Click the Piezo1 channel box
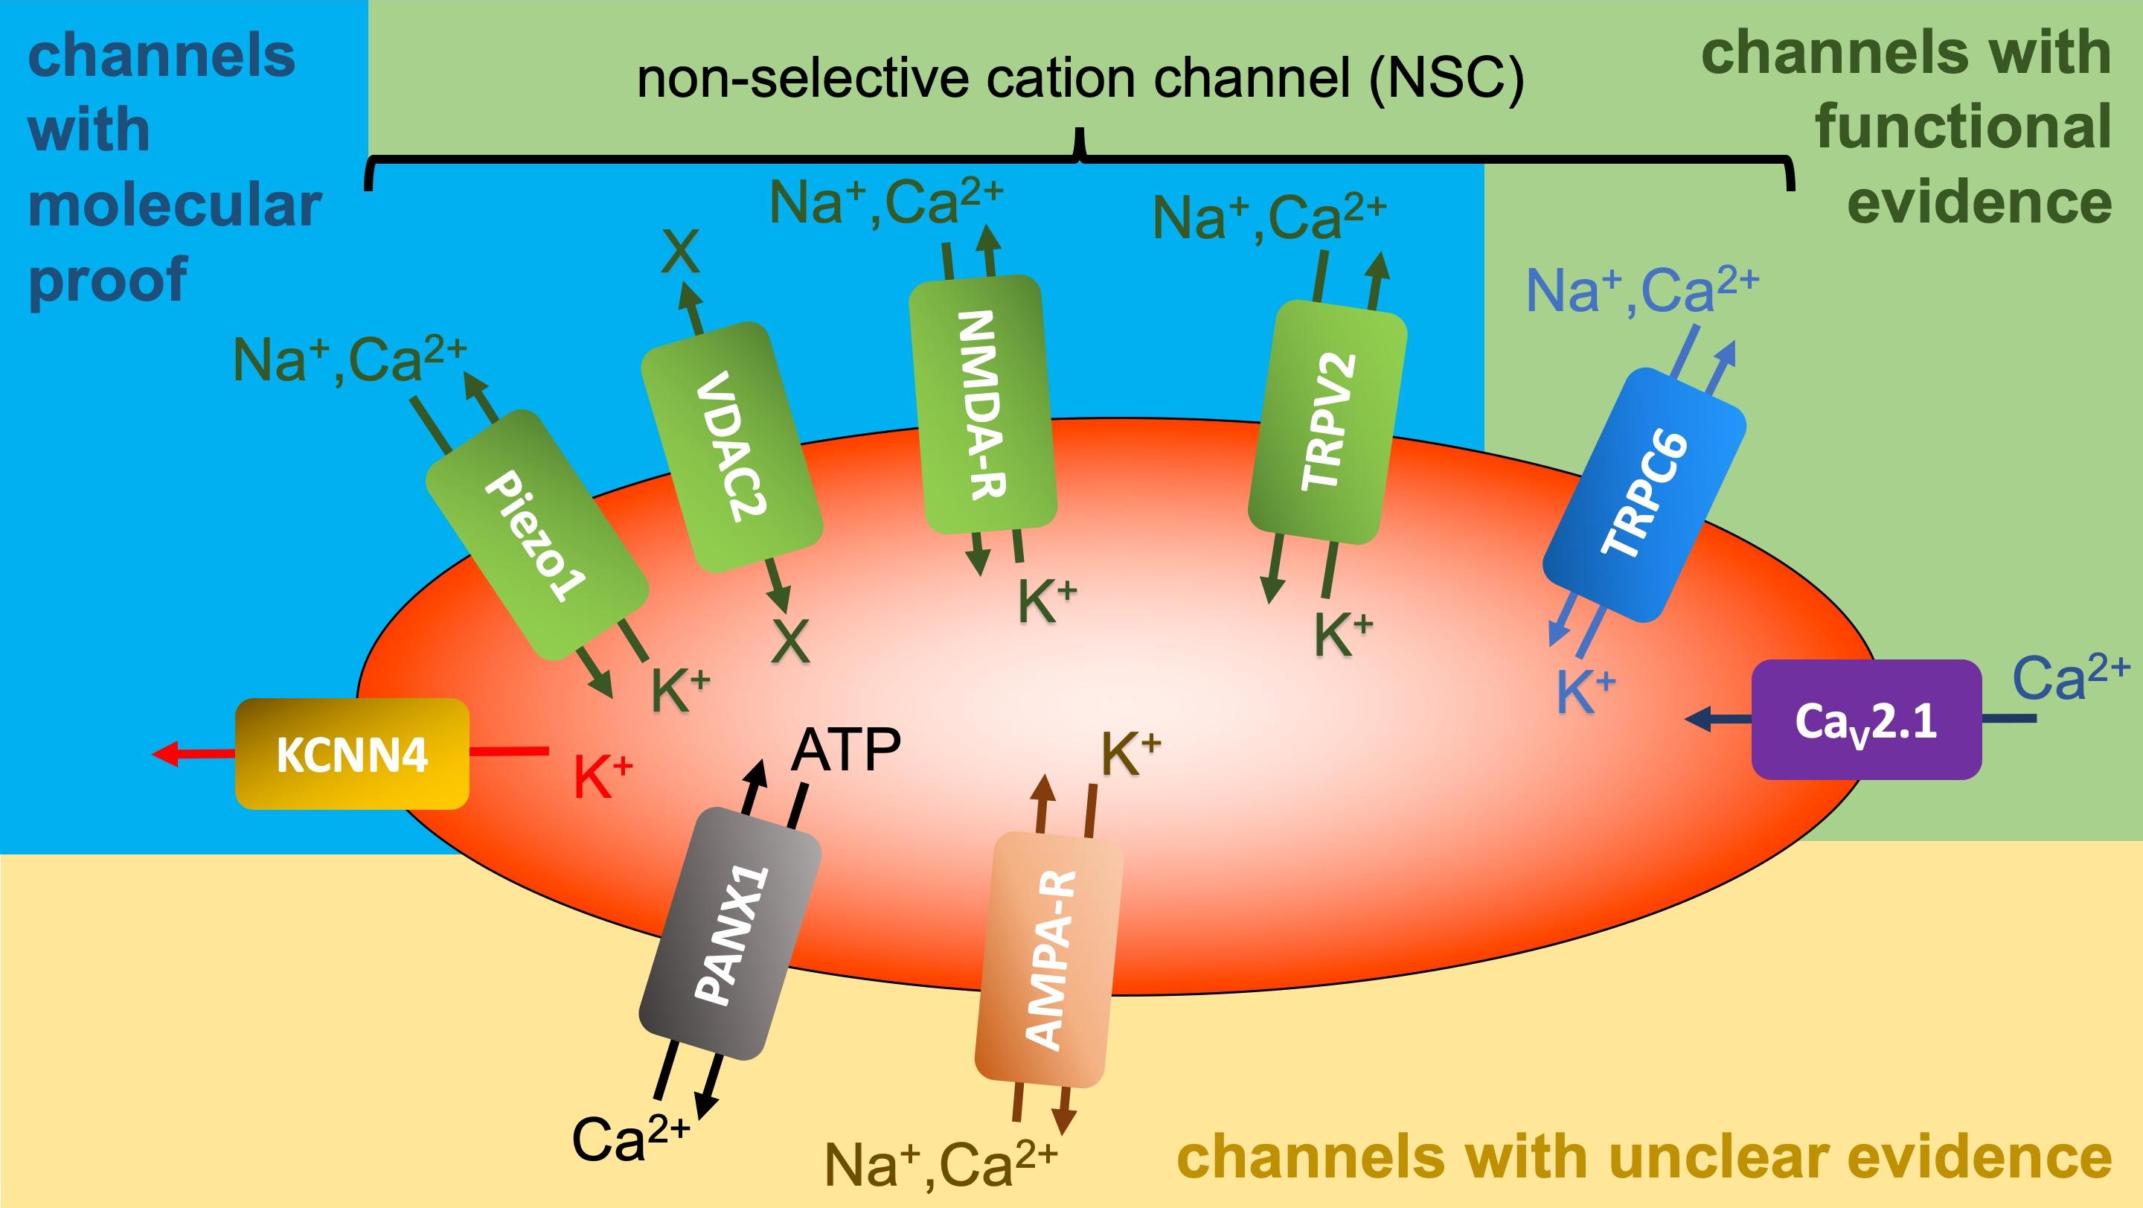tap(536, 535)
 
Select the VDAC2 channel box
tap(732, 447)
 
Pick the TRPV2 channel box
tap(1327, 422)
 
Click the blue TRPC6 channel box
tap(1644, 494)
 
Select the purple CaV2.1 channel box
tap(1866, 720)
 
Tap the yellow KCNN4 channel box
tap(352, 754)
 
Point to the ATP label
tap(845, 750)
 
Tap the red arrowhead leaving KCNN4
tap(164, 754)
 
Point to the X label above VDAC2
tap(681, 252)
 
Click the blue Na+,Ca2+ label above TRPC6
tap(1641, 290)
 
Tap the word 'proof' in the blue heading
tap(108, 280)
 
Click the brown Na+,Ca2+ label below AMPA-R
tap(940, 1163)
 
